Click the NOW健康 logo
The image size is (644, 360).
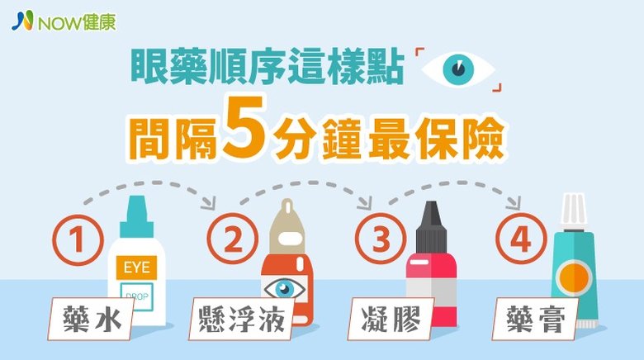(64, 21)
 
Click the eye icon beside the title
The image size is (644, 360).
(458, 69)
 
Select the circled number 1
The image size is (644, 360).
(78, 240)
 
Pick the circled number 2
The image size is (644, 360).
(233, 239)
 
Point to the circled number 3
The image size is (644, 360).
(381, 239)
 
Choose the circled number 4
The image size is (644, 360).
(521, 239)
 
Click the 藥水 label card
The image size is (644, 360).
(91, 319)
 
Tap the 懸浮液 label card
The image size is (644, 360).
(241, 319)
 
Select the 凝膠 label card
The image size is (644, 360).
(391, 319)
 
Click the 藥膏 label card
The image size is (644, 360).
(536, 319)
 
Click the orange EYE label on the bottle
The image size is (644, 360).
(137, 268)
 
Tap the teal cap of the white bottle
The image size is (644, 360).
(136, 216)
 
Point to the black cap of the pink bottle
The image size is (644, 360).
(431, 227)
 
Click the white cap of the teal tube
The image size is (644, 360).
(574, 212)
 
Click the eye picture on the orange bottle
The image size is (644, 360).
(284, 288)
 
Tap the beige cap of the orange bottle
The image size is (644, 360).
(286, 227)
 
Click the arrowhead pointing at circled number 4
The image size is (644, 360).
(514, 202)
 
